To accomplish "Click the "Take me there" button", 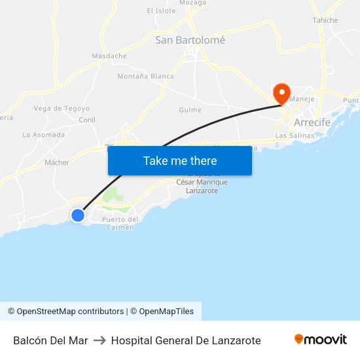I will pyautogui.click(x=180, y=161).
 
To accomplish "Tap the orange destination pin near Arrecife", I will pyautogui.click(x=282, y=93).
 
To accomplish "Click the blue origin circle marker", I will pyautogui.click(x=78, y=215).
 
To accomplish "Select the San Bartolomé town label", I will pyautogui.click(x=190, y=41).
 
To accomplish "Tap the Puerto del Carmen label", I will pyautogui.click(x=120, y=223).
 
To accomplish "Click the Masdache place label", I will pyautogui.click(x=109, y=56).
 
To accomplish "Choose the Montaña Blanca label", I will pyautogui.click(x=145, y=77).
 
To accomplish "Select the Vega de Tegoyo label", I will pyautogui.click(x=62, y=109).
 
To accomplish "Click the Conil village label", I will pyautogui.click(x=87, y=120).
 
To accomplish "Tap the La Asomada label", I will pyautogui.click(x=44, y=135).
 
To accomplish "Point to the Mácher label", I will pyautogui.click(x=57, y=162).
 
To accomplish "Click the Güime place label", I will pyautogui.click(x=190, y=110).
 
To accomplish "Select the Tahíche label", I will pyautogui.click(x=325, y=20).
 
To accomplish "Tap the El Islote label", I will pyautogui.click(x=161, y=11).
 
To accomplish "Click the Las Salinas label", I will pyautogui.click(x=291, y=135).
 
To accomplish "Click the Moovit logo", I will pyautogui.click(x=321, y=340).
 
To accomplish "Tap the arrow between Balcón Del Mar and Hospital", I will pyautogui.click(x=99, y=340).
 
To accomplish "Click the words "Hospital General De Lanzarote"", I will pyautogui.click(x=186, y=340).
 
